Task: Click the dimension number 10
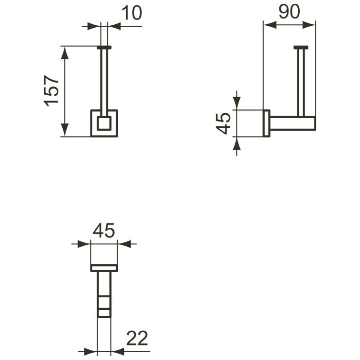(x=132, y=13)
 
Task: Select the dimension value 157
(x=51, y=91)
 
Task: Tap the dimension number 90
(x=289, y=12)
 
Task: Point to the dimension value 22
(x=137, y=338)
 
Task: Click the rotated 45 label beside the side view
(x=223, y=123)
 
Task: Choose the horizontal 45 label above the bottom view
(x=104, y=231)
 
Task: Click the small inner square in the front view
(x=104, y=123)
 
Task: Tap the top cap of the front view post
(x=104, y=48)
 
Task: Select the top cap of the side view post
(x=301, y=48)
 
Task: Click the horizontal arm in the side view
(x=293, y=123)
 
